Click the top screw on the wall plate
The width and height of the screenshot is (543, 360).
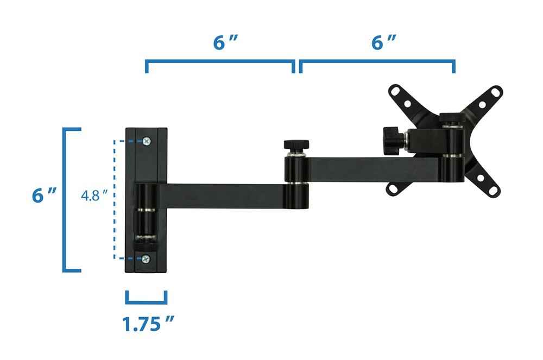coord(146,141)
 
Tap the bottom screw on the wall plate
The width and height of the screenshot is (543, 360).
coord(146,259)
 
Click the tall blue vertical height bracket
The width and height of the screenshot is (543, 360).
coord(66,199)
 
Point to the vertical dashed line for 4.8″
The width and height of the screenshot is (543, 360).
coord(114,199)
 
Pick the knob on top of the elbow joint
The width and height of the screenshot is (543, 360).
coord(296,145)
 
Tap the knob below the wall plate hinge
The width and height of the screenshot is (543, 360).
coord(145,242)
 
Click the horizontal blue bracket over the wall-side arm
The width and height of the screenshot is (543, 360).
coord(220,64)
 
